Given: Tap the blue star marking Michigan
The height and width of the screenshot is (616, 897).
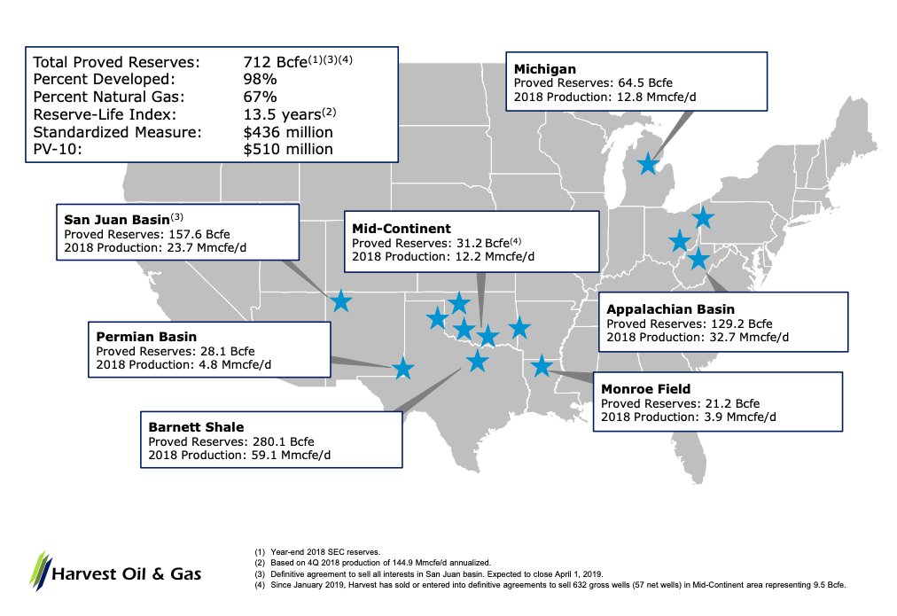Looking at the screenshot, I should (648, 163).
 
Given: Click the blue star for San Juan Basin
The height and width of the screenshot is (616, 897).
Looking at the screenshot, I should (341, 301).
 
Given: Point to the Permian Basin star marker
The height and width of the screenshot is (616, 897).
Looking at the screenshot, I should (402, 369).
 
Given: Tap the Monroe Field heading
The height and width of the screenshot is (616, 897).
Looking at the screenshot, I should (645, 387).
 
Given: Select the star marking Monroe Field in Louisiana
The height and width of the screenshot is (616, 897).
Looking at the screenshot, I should (541, 366).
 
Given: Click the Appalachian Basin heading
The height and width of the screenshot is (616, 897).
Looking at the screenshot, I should (670, 308).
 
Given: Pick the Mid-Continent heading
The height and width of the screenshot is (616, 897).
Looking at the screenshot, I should (402, 228).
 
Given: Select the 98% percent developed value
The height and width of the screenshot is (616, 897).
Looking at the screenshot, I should (261, 80).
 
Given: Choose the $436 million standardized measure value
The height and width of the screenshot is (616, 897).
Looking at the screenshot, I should (288, 132).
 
